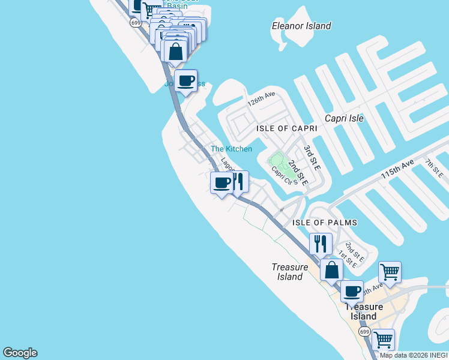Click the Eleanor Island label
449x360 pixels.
pyautogui.click(x=301, y=26)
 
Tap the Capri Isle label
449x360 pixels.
pyautogui.click(x=344, y=118)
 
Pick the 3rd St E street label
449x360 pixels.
pyautogui.click(x=310, y=154)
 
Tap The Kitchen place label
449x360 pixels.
pyautogui.click(x=231, y=149)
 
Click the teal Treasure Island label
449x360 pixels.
pyautogui.click(x=290, y=272)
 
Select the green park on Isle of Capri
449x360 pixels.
pyautogui.click(x=277, y=161)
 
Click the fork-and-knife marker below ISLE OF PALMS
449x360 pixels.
pyautogui.click(x=321, y=244)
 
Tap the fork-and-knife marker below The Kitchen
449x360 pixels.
pyautogui.click(x=238, y=181)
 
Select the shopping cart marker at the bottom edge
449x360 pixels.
pyautogui.click(x=383, y=340)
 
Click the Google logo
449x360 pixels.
pyautogui.click(x=20, y=353)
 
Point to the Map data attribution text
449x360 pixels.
pyautogui.click(x=414, y=355)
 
